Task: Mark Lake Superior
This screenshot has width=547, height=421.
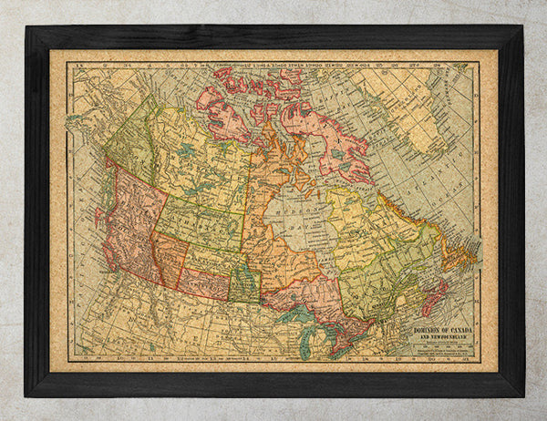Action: (x=294, y=314)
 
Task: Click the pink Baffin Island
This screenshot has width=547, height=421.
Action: (x=319, y=137)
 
